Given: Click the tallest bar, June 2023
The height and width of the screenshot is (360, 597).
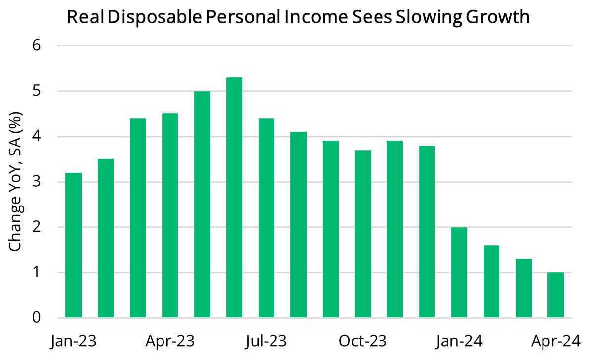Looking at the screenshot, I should point(234,198).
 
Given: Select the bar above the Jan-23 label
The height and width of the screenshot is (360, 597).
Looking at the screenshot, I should point(73,246).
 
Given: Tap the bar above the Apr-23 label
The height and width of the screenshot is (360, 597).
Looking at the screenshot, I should point(170,216).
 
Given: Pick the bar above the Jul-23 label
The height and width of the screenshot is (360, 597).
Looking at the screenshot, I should point(267,218).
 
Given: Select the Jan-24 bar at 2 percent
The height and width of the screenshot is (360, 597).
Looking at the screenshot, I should point(459,273).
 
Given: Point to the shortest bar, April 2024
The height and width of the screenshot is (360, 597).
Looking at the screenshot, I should point(555,296).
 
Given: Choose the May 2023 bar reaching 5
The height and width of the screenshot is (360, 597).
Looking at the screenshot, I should point(202,205).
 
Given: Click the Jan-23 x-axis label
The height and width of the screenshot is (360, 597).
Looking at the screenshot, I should point(73,341).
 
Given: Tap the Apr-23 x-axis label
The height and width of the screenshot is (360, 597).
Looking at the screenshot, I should point(170,341).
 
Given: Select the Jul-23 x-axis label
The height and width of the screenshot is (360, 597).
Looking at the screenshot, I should point(267,341).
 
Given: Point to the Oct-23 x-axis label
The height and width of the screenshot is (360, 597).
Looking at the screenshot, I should point(363,341).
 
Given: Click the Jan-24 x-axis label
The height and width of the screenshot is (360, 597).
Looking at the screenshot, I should point(459,341).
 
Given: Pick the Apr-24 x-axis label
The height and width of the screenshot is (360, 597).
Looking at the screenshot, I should point(555,341).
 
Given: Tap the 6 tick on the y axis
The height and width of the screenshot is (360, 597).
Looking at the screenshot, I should point(36,46).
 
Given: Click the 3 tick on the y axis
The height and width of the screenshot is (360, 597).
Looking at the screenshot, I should point(36,182).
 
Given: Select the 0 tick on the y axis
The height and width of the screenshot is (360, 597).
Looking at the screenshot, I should point(36,318).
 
